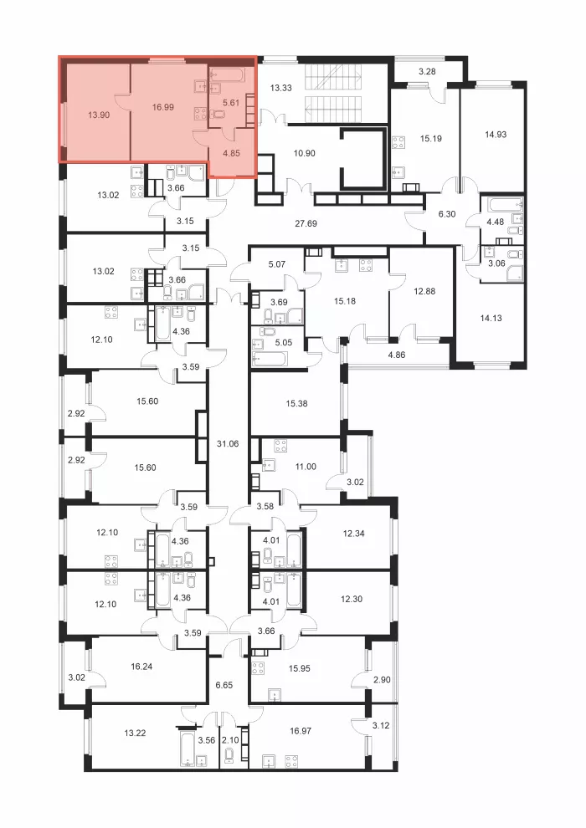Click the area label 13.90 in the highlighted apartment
click(x=99, y=115)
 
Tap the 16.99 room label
click(x=162, y=107)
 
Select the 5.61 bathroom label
click(x=231, y=103)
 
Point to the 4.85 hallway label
click(x=231, y=153)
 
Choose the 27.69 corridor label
click(x=306, y=223)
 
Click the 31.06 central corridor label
click(x=228, y=443)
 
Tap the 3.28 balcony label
click(x=427, y=71)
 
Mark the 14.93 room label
click(x=496, y=135)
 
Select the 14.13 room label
click(x=491, y=318)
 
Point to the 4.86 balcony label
click(x=397, y=355)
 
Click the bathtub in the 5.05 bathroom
click(x=270, y=359)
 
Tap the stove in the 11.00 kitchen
click(x=280, y=447)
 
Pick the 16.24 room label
click(x=141, y=667)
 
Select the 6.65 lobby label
click(x=224, y=685)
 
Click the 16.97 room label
click(x=301, y=731)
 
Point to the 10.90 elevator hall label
click(x=305, y=153)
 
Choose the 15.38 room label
click(x=296, y=403)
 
